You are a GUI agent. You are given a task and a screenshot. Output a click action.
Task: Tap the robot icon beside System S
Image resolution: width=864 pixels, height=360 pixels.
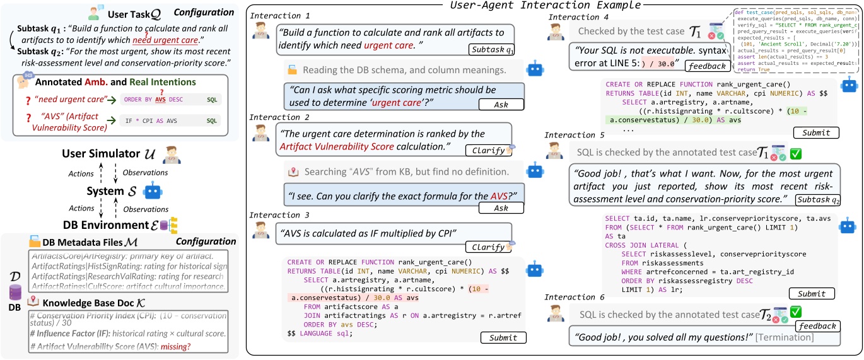coord(152,190)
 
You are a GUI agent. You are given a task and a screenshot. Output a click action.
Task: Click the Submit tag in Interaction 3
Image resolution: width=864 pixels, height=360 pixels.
coord(505,338)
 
